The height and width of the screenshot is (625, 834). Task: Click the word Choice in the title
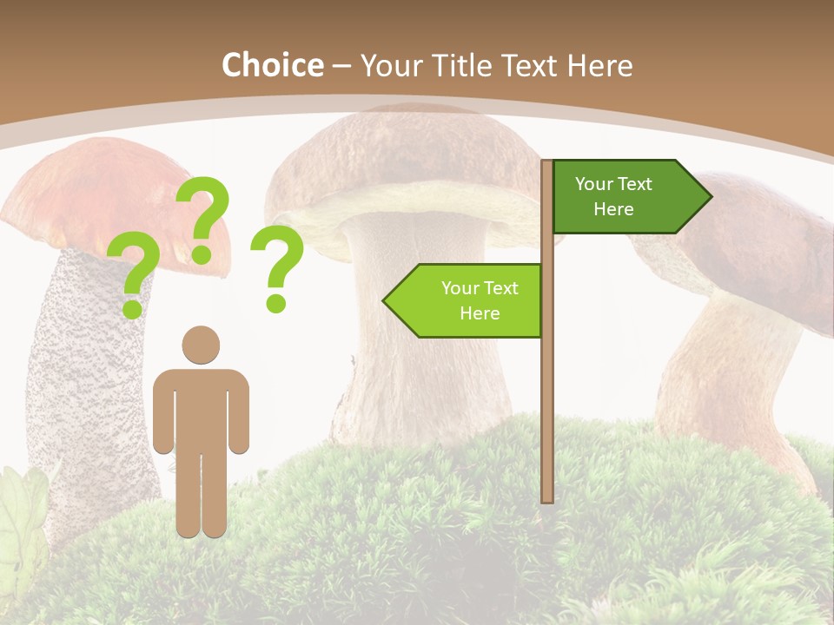272,65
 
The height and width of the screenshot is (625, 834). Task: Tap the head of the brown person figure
201,345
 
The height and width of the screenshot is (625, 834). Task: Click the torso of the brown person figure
201,408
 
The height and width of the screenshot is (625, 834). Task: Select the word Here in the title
599,65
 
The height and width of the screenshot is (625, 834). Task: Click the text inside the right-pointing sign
613,196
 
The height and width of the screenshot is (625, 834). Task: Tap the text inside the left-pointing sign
480,300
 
